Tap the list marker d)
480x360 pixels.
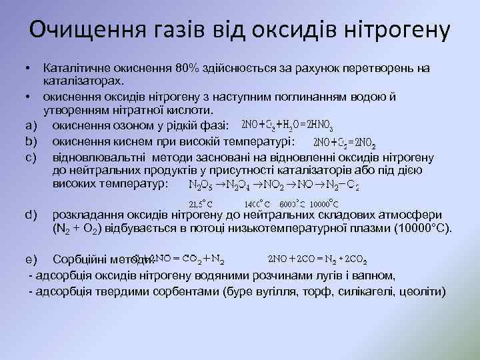tap(29, 214)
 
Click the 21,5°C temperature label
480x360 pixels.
tap(201, 203)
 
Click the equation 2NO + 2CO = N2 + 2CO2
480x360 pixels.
tap(317, 258)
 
